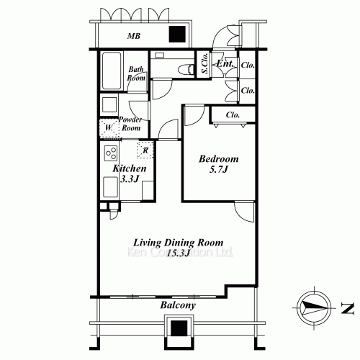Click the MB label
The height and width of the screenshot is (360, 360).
134,36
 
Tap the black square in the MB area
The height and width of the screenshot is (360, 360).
177,35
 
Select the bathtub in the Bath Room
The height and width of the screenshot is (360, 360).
112,71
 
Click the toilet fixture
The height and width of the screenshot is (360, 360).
186,69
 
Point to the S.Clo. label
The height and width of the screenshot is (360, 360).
204,63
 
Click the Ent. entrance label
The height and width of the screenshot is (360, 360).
225,63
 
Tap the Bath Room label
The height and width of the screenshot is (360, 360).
136,73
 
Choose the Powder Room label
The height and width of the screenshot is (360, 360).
130,124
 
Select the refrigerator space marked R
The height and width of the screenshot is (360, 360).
145,150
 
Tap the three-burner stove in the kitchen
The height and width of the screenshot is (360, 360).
111,153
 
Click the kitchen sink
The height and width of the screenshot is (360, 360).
111,187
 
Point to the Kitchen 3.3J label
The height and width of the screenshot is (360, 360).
130,174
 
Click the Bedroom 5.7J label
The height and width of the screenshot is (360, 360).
219,164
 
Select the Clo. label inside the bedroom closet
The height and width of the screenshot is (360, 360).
233,115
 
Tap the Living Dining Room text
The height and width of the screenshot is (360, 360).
179,243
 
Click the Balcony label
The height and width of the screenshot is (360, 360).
178,305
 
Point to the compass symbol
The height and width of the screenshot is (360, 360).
314,308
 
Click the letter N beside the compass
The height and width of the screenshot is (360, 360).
348,308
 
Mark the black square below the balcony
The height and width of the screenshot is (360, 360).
179,328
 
